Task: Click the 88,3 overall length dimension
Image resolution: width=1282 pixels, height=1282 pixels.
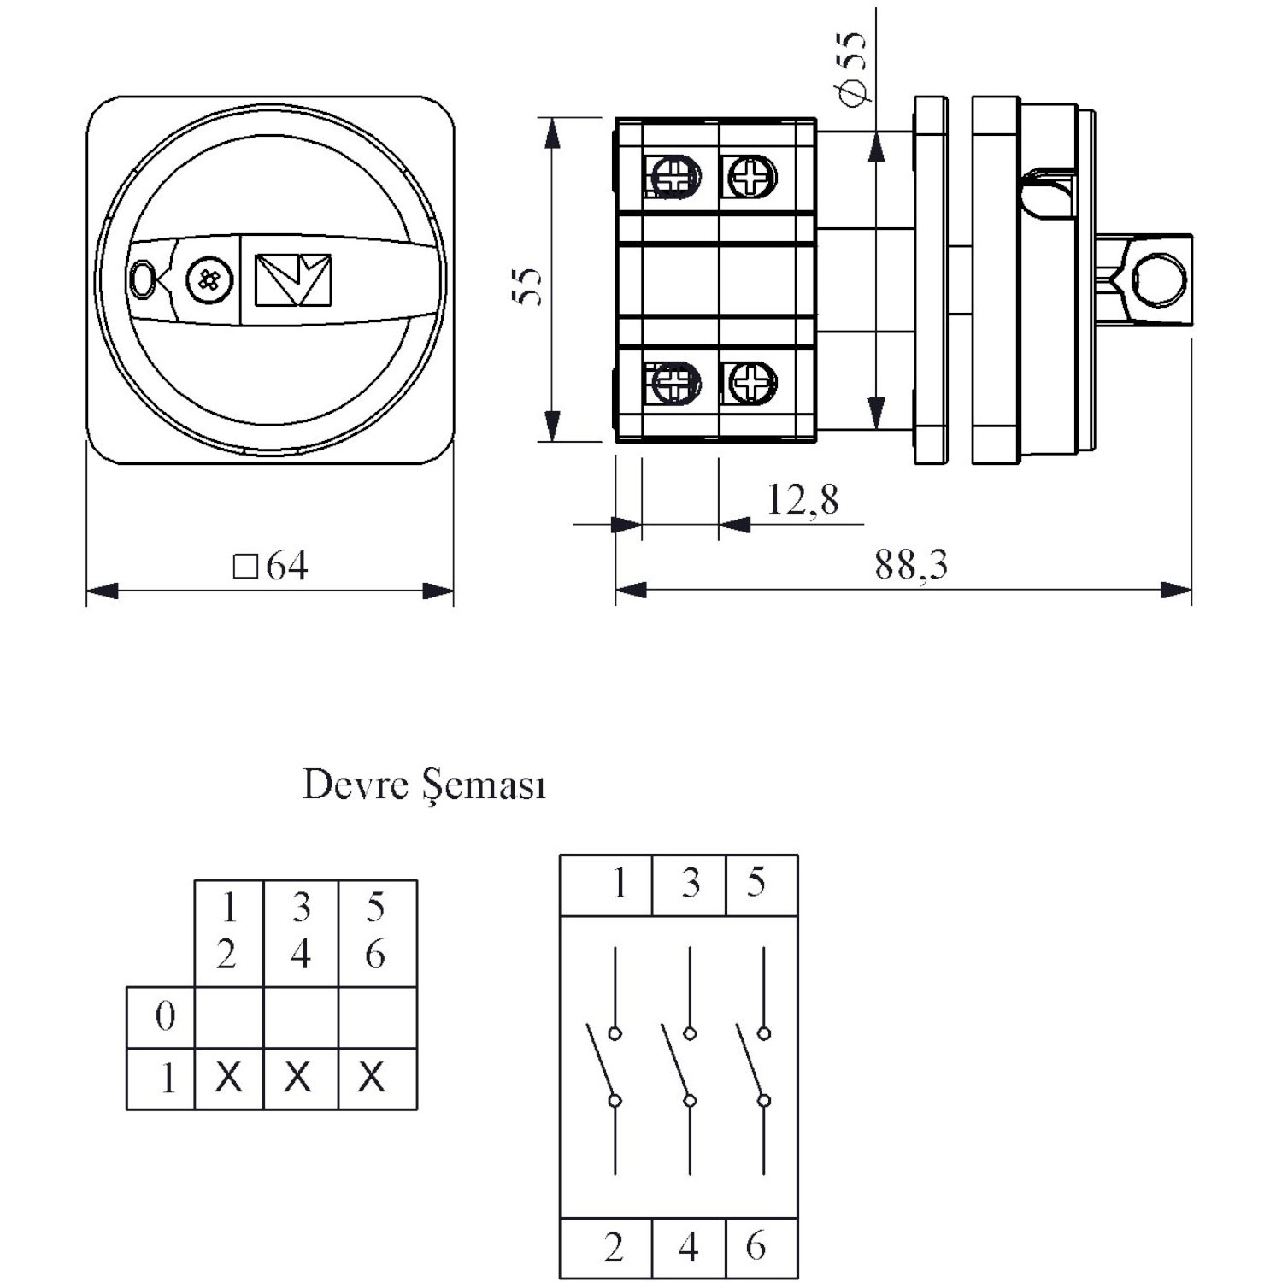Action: [911, 565]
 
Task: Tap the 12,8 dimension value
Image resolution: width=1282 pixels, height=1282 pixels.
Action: [803, 499]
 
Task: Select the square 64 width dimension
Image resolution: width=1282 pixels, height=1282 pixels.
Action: [270, 566]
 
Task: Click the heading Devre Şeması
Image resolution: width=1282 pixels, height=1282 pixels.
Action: [424, 785]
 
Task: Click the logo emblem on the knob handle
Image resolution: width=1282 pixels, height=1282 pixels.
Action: [293, 279]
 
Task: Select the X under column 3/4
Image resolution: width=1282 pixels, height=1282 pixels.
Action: [298, 1078]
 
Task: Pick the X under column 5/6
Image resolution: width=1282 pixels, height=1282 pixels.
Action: [372, 1078]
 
